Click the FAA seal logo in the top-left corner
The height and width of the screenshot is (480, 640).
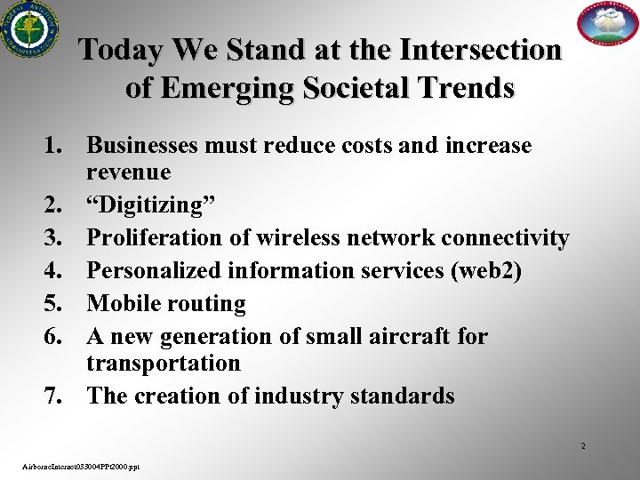click(x=26, y=29)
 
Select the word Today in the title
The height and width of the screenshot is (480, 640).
click(x=113, y=50)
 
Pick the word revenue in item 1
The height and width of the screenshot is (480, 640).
click(x=131, y=171)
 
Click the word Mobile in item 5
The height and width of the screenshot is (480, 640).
click(x=123, y=303)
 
